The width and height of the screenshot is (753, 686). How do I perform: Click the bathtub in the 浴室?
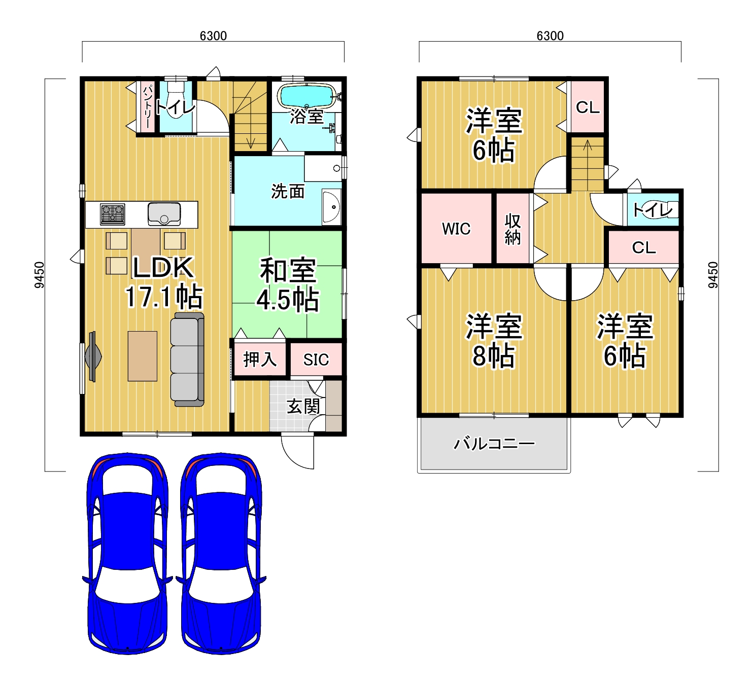click(306, 95)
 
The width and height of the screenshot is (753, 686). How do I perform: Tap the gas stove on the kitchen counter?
click(112, 214)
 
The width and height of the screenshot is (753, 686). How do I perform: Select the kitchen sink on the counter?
click(164, 214)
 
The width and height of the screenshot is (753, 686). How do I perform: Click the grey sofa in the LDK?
click(187, 359)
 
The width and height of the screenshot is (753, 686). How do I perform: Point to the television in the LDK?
click(92, 356)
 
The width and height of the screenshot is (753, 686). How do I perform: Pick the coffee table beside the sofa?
click(142, 356)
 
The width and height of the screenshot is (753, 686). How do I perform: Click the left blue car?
click(127, 554)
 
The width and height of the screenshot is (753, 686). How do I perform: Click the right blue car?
click(221, 554)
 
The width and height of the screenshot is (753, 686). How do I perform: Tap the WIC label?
click(456, 229)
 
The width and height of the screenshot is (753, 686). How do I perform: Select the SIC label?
click(316, 359)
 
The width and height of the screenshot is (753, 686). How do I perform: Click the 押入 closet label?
click(260, 359)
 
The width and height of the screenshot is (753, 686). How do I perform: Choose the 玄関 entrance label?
click(303, 406)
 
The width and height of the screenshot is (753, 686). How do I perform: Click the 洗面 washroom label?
click(288, 191)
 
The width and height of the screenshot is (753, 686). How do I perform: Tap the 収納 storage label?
click(512, 229)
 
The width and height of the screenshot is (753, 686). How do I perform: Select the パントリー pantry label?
click(148, 106)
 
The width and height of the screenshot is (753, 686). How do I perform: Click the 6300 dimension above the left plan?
click(213, 36)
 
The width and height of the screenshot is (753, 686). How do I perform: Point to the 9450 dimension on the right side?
click(712, 275)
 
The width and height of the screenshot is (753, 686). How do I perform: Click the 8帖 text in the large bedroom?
click(493, 355)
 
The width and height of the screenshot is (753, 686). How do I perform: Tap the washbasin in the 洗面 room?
click(331, 207)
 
